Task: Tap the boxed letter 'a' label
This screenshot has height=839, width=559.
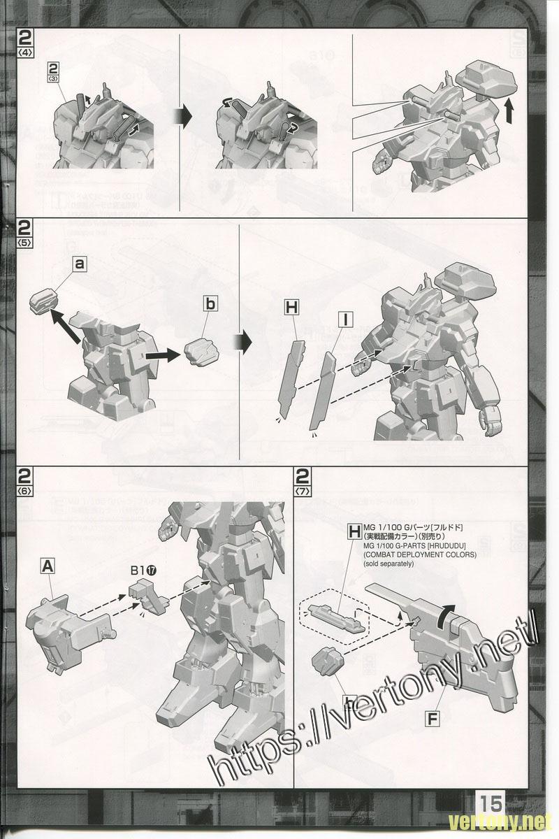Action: click(x=80, y=264)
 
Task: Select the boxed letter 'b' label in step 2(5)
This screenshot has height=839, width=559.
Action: click(x=211, y=303)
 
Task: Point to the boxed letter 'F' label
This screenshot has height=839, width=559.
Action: click(x=433, y=717)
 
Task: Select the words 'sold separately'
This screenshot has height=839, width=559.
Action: click(x=389, y=564)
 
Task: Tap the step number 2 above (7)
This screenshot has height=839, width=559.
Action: click(x=303, y=478)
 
